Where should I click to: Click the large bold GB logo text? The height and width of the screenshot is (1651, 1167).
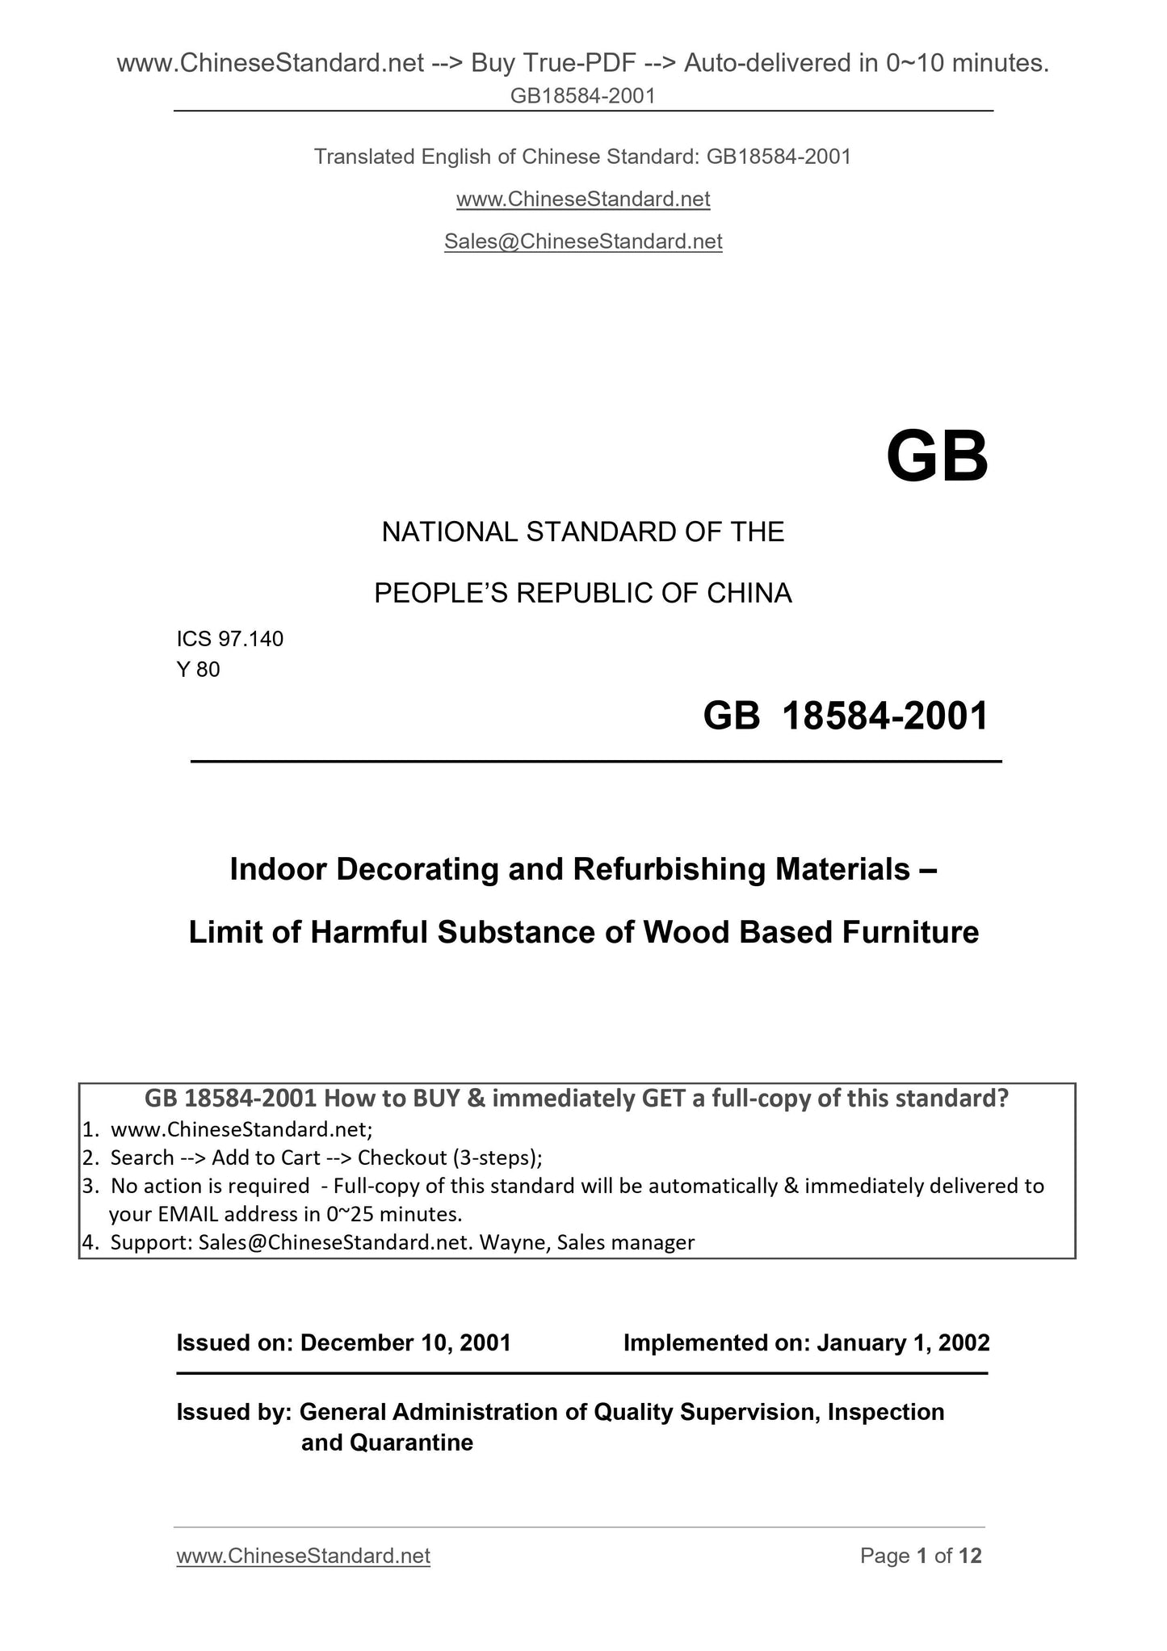pyautogui.click(x=936, y=457)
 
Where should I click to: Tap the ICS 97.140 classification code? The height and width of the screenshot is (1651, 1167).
pyautogui.click(x=230, y=639)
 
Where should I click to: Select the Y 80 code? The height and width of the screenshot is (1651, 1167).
pyautogui.click(x=198, y=670)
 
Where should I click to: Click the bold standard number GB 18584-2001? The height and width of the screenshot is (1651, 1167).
pyautogui.click(x=846, y=716)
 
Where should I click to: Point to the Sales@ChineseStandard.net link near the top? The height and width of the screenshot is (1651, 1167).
pyautogui.click(x=583, y=242)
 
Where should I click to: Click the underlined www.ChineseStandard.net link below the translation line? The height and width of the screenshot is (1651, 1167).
pyautogui.click(x=583, y=199)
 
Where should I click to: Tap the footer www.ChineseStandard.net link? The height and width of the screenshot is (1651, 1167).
pyautogui.click(x=303, y=1556)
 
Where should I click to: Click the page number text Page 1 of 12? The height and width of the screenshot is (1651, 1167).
pyautogui.click(x=921, y=1556)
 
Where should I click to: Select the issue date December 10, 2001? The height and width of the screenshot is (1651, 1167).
pyautogui.click(x=405, y=1342)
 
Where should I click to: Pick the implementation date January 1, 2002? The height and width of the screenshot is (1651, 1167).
pyautogui.click(x=903, y=1342)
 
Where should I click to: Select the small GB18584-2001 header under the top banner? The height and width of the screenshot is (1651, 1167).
pyautogui.click(x=583, y=96)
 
